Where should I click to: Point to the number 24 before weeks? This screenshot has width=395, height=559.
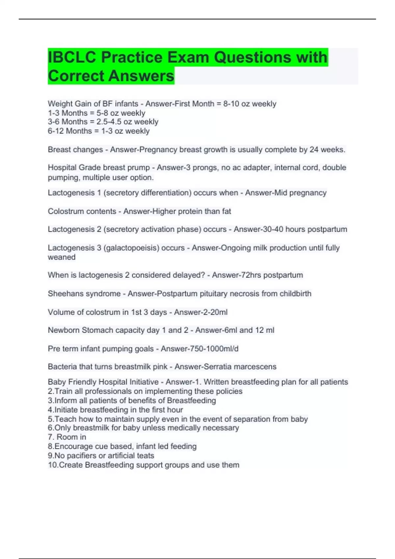click(x=314, y=150)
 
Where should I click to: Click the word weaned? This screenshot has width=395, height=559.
click(x=62, y=257)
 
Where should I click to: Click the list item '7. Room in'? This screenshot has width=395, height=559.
click(x=67, y=437)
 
